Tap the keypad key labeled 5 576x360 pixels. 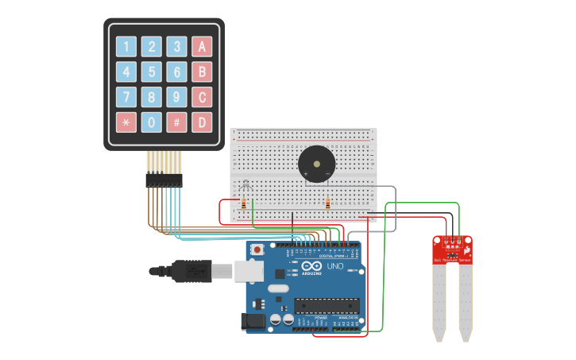(152, 72)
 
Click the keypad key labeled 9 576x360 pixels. (177, 97)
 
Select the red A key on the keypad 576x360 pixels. (202, 47)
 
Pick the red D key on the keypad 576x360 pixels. (202, 122)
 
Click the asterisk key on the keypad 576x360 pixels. (126, 122)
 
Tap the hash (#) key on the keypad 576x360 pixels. (177, 122)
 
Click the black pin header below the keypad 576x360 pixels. (164, 180)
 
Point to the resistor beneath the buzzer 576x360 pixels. (327, 204)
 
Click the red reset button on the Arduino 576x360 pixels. (257, 250)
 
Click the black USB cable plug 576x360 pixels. (191, 271)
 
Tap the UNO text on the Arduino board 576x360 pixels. (335, 266)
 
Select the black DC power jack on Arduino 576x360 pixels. (253, 321)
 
